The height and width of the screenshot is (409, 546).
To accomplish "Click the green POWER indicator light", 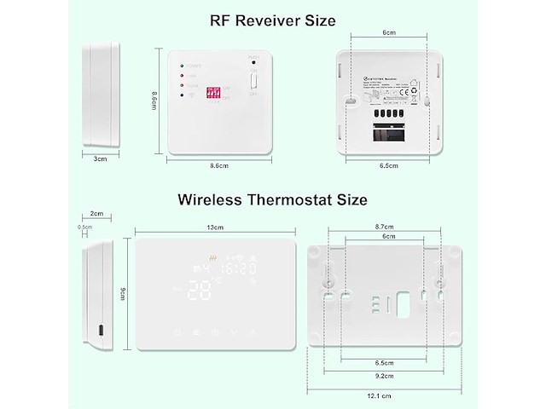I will point(180,65).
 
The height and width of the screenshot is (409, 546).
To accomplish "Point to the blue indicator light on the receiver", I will point(180,96).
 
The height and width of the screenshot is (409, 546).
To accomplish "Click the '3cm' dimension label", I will point(100,158).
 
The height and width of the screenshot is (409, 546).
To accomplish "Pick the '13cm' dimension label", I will point(214,228).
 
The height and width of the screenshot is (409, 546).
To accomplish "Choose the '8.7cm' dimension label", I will point(385,228).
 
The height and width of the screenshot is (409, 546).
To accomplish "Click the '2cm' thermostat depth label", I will point(96,214).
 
